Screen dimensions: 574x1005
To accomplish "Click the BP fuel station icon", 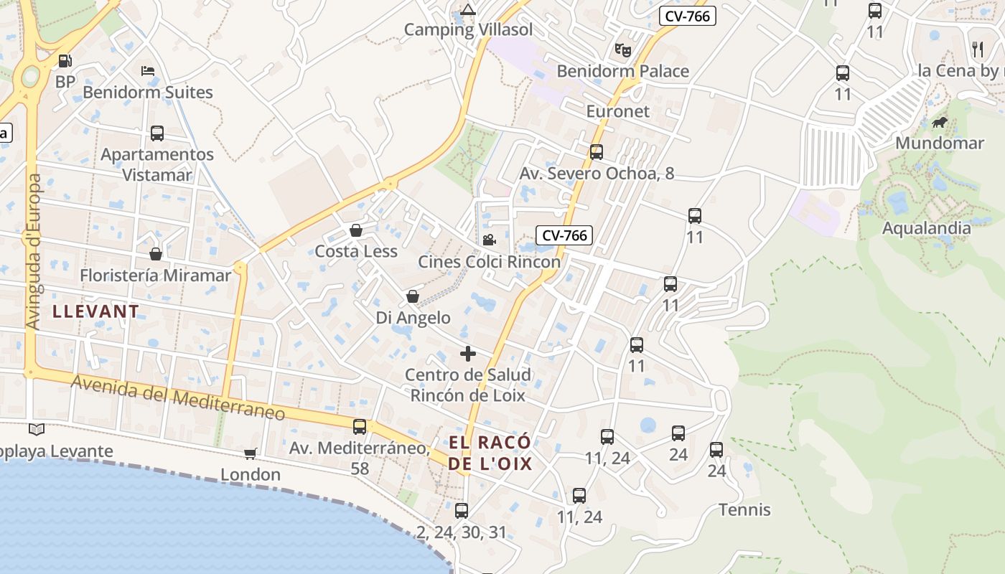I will pyautogui.click(x=65, y=61).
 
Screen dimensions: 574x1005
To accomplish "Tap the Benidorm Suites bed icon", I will pyautogui.click(x=148, y=70).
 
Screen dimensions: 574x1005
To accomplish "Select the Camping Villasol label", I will pyautogui.click(x=468, y=29).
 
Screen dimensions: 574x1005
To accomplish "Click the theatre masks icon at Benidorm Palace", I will pyautogui.click(x=622, y=50).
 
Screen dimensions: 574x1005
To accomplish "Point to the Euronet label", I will pyautogui.click(x=617, y=111).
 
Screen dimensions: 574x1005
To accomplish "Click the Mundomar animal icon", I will pyautogui.click(x=939, y=123).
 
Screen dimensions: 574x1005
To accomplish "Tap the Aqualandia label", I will pyautogui.click(x=926, y=228).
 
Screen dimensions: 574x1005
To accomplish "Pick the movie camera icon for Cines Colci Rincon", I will pyautogui.click(x=489, y=240).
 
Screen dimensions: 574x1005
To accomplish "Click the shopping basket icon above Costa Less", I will pyautogui.click(x=355, y=230).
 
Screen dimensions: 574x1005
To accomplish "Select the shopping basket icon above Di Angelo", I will pyautogui.click(x=413, y=296).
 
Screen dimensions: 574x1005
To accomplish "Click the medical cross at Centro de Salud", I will pyautogui.click(x=468, y=354).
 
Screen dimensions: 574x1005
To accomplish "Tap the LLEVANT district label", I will pyautogui.click(x=95, y=311).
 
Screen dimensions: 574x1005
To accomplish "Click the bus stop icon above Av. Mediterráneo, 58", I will pyautogui.click(x=360, y=427).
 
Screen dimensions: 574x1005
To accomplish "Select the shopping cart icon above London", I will pyautogui.click(x=251, y=453).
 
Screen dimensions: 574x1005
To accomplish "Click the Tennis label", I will pyautogui.click(x=744, y=510).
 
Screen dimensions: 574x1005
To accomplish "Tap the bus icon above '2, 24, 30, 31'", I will pyautogui.click(x=462, y=511).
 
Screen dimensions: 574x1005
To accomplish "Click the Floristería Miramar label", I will pyautogui.click(x=156, y=276).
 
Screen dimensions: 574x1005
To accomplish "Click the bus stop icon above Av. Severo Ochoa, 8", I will pyautogui.click(x=597, y=152).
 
